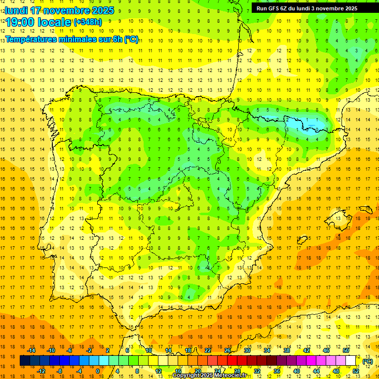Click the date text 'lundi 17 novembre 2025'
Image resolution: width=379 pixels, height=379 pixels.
[x=59, y=10]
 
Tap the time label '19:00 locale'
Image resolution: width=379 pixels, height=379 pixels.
[x=38, y=22]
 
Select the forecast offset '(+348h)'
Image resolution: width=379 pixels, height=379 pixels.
[x=87, y=22]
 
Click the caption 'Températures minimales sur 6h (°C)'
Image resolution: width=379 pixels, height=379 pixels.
[x=72, y=39]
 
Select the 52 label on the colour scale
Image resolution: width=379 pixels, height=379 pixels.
[x=356, y=371]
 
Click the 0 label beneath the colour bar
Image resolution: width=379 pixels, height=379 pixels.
[x=98, y=371]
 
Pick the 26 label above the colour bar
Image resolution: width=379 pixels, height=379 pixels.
[x=227, y=350]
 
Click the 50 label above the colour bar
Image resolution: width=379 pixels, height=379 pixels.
[x=345, y=350]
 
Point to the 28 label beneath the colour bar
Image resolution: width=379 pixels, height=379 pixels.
[x=237, y=371]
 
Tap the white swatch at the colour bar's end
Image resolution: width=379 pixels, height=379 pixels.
[x=351, y=361]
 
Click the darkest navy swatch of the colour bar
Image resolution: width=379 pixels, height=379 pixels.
[x=25, y=361]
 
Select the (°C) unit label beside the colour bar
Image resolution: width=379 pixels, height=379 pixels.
[x=367, y=361]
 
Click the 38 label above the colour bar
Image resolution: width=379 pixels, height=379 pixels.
[x=287, y=350]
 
